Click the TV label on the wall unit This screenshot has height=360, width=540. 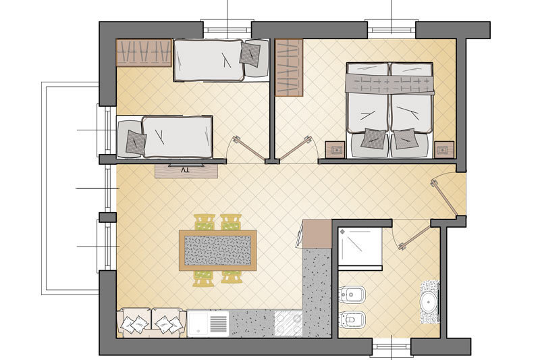(x=185, y=170)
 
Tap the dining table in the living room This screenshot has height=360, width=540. (x=217, y=251)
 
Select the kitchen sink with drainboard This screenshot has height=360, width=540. (x=208, y=324)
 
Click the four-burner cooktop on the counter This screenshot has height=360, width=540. (x=288, y=324)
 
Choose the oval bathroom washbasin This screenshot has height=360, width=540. (x=429, y=302)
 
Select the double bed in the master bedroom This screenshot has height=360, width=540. (x=389, y=110)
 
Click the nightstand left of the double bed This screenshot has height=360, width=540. (x=335, y=149)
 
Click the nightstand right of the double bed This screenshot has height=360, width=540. (x=444, y=149)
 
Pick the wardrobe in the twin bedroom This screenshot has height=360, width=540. (x=144, y=53)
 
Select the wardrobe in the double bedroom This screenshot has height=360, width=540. (x=289, y=68)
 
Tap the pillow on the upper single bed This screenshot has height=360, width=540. (x=250, y=54)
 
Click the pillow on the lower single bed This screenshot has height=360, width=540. (x=136, y=142)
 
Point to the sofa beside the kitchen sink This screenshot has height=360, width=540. (x=151, y=322)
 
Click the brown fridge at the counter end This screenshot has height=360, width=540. (x=317, y=234)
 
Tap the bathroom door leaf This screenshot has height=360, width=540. (x=414, y=237)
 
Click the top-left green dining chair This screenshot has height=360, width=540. (x=205, y=222)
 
